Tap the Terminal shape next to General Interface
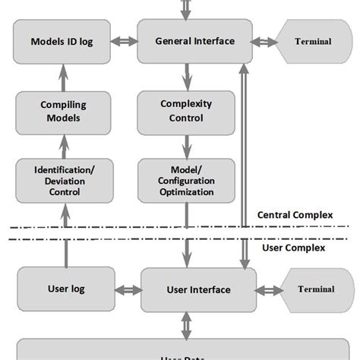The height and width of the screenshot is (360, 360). tap(311, 41)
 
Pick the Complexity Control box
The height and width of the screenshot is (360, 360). tap(186, 111)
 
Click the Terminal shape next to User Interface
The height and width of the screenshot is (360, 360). tap(314, 289)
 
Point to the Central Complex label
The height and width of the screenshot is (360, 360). tap(295, 215)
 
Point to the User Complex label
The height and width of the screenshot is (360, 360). tap(292, 248)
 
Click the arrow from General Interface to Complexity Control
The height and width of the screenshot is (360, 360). tap(186, 76)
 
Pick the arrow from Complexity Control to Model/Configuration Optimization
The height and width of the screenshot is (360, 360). tap(186, 145)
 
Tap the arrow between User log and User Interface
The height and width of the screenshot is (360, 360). tap(128, 289)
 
